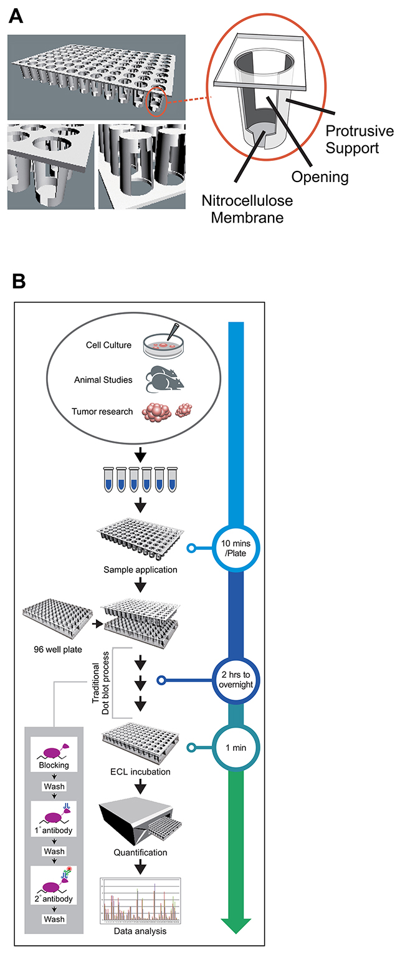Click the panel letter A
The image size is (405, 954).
17,16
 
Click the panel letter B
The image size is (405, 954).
19,281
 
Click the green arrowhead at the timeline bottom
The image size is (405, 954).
236,925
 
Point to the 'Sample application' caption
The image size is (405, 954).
141,569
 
